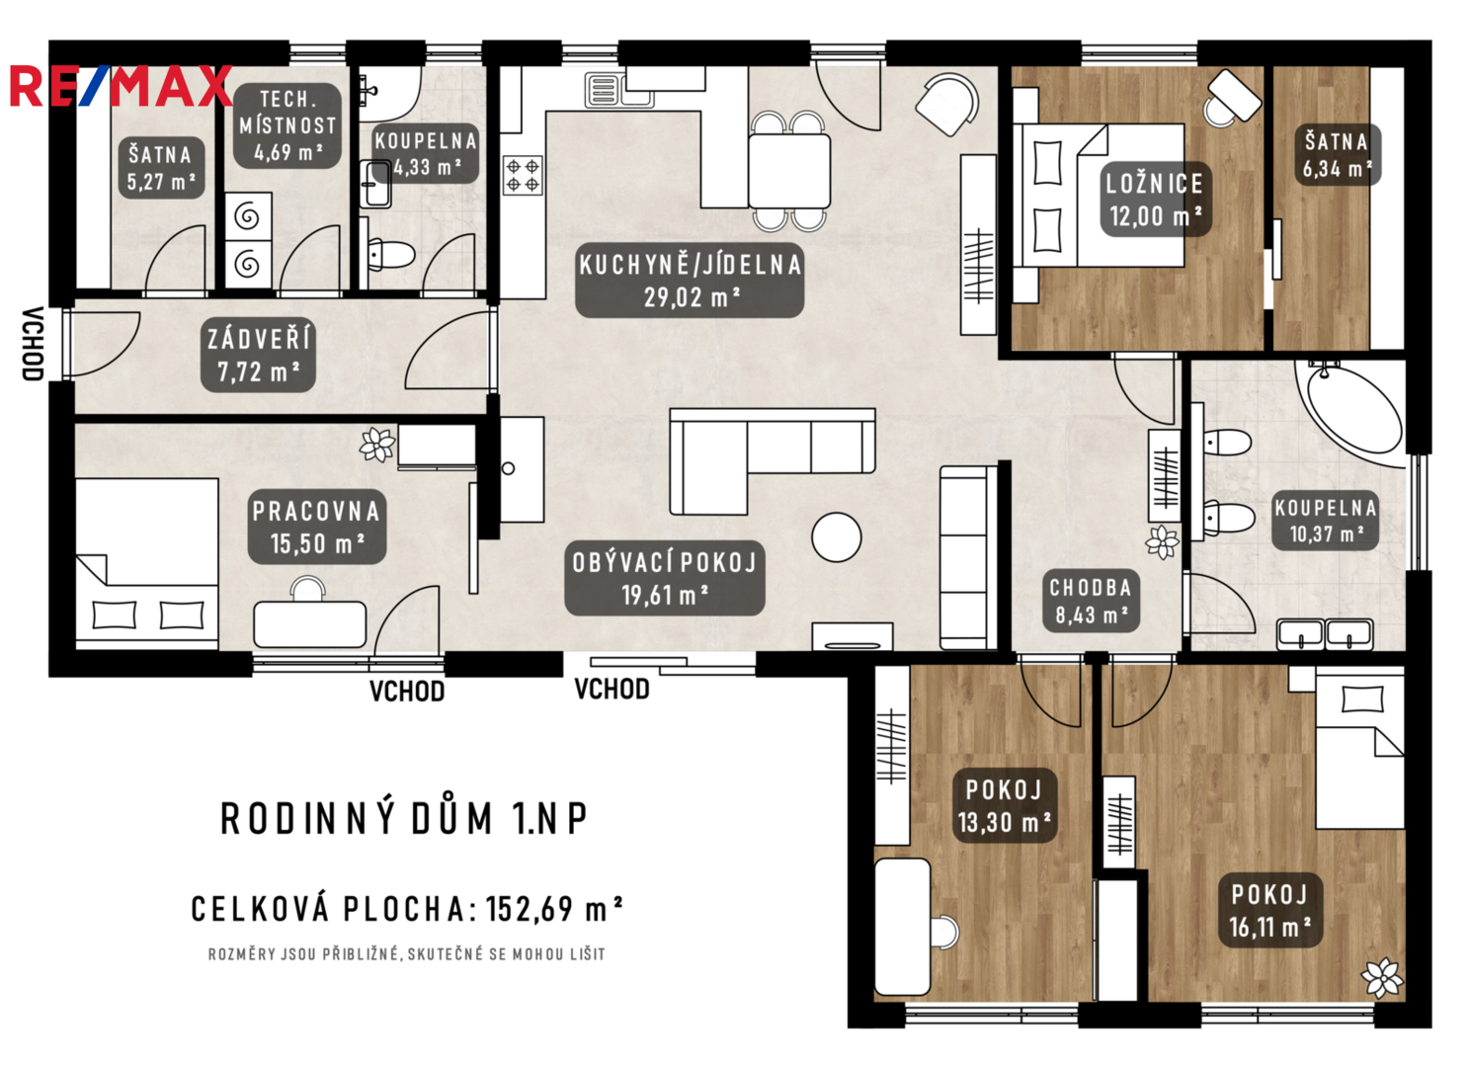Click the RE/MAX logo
(121, 86)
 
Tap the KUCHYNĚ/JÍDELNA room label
(690, 281)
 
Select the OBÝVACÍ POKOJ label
(664, 578)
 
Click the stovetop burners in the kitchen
(523, 175)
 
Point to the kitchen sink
(619, 90)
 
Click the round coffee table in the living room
(836, 537)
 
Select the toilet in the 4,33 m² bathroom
(389, 254)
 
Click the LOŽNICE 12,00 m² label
(1155, 199)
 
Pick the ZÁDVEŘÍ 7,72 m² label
(259, 356)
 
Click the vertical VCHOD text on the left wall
(33, 344)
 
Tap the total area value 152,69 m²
(553, 910)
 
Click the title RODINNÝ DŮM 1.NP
(404, 819)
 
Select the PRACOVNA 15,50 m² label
(317, 527)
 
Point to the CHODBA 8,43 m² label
(1092, 601)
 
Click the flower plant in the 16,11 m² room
(1382, 978)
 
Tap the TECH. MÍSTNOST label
(287, 125)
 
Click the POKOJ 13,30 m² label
(1004, 806)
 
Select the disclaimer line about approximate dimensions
(407, 954)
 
